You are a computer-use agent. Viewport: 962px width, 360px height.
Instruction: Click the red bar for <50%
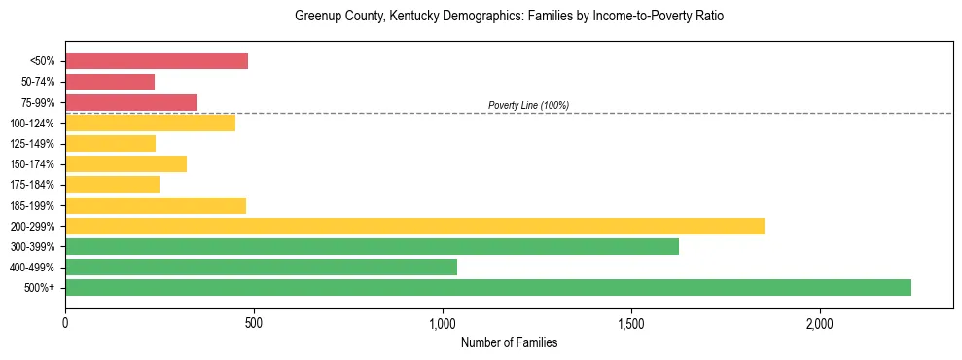click(157, 61)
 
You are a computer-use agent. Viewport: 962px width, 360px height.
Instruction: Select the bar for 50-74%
click(110, 82)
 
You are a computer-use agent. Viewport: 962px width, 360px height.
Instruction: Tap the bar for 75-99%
click(131, 102)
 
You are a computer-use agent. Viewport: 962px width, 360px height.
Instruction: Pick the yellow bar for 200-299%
click(414, 226)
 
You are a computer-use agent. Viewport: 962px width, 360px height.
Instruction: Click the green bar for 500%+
click(488, 287)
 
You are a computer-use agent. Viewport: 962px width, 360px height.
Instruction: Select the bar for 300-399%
click(372, 246)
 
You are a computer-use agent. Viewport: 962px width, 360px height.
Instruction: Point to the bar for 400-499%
click(261, 267)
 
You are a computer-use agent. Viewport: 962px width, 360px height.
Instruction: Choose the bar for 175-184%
click(112, 185)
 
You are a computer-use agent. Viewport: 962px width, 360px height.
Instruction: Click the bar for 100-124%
click(150, 123)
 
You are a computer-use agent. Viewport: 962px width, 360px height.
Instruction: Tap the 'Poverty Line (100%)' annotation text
click(528, 105)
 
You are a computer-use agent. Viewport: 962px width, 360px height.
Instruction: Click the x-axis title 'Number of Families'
click(509, 342)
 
